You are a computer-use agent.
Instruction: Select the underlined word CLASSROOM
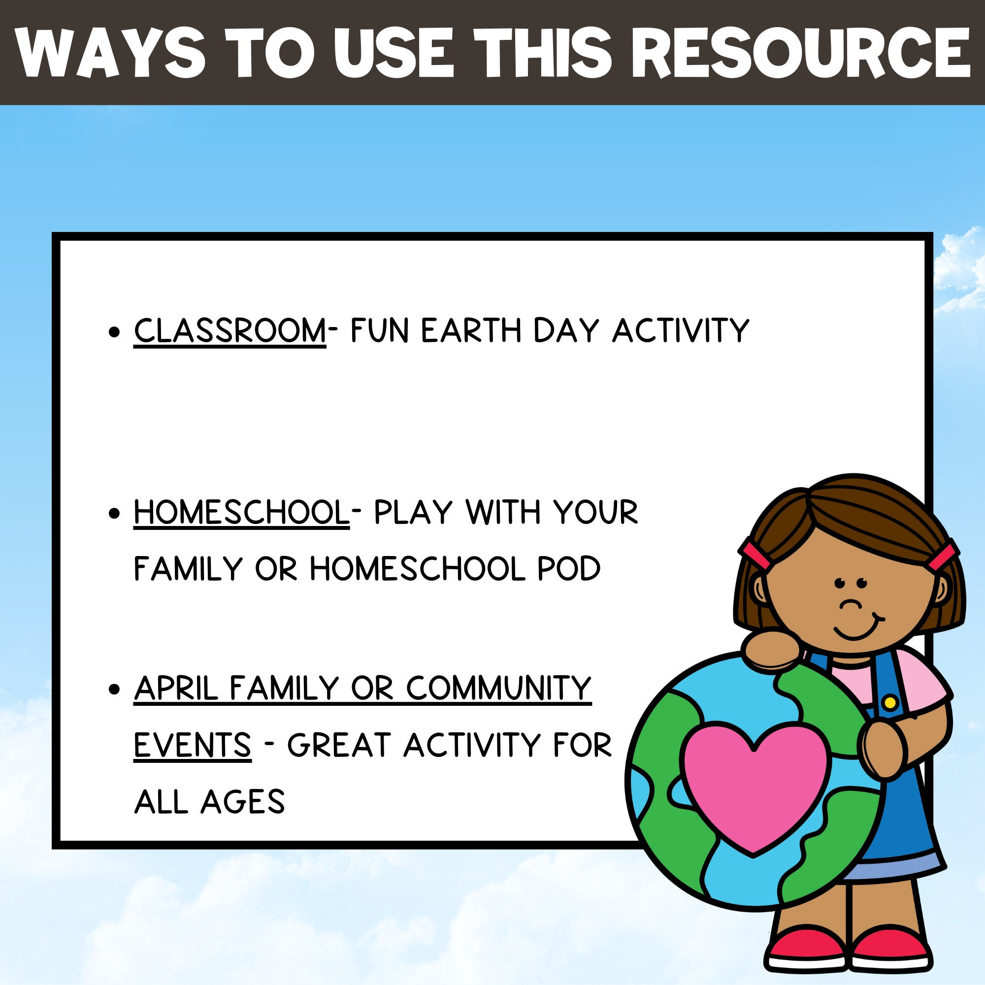click(x=230, y=330)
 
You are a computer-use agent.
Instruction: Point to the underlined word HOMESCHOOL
click(x=241, y=512)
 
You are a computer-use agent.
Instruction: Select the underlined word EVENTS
click(x=192, y=745)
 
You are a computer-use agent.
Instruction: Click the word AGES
click(x=242, y=801)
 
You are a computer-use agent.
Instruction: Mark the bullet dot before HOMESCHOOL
click(x=115, y=513)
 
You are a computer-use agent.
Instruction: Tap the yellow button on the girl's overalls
click(x=890, y=703)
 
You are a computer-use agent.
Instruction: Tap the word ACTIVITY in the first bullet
click(x=681, y=330)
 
